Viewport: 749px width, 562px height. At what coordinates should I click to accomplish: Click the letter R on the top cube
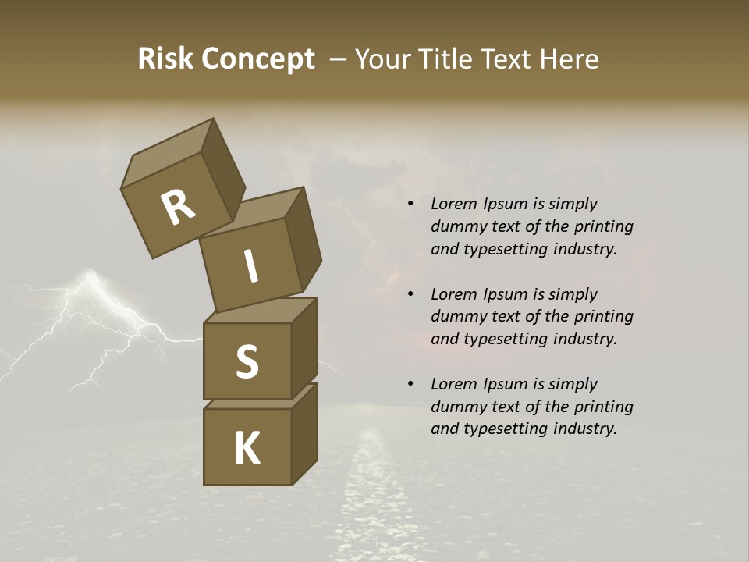click(x=178, y=208)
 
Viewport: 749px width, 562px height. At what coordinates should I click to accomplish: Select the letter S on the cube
click(x=247, y=361)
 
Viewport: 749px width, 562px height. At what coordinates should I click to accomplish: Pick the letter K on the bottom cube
click(x=247, y=449)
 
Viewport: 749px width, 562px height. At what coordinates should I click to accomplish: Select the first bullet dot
click(x=410, y=205)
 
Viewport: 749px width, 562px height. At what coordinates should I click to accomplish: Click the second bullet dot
click(x=410, y=295)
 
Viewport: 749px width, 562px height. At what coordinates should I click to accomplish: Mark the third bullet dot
click(x=410, y=385)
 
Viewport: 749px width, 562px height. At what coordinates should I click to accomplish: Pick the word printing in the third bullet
click(x=603, y=407)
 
